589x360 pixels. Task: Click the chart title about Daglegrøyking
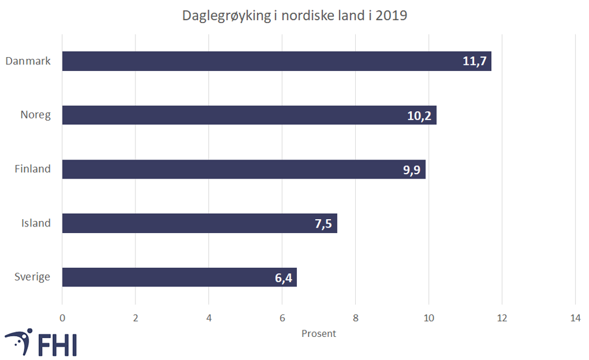[294, 16]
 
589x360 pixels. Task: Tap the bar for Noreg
[243, 115]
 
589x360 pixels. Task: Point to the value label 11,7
[475, 62]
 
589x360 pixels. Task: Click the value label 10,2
[419, 116]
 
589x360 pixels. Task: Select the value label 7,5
[323, 224]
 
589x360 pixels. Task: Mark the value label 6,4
[284, 278]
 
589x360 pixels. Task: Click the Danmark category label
[27, 61]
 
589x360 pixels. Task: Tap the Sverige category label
[32, 277]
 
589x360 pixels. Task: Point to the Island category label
[36, 223]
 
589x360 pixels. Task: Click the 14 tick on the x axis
[575, 318]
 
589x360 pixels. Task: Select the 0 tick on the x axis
[62, 318]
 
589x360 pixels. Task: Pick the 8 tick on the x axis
[355, 318]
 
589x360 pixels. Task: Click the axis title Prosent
[319, 333]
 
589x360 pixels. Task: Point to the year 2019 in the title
[391, 16]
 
